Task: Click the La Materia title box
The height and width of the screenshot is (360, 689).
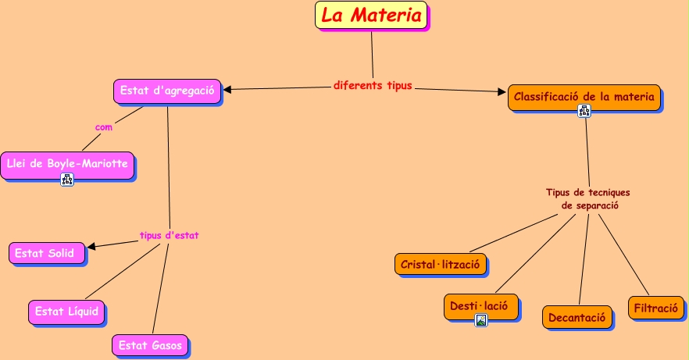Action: tap(371, 16)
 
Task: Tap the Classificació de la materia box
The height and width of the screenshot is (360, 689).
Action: tap(584, 97)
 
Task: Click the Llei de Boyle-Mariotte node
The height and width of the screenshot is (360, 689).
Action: tap(66, 164)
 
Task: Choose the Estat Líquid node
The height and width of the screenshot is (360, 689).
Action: tap(67, 312)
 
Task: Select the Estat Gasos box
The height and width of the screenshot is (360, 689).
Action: tap(151, 344)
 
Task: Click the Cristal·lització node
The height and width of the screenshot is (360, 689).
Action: tap(441, 265)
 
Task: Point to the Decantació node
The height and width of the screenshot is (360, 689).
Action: tap(577, 317)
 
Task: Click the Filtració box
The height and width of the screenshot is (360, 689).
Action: tap(655, 308)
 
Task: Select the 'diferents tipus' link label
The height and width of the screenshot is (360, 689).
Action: tap(373, 85)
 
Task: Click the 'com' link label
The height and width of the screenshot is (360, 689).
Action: tap(104, 127)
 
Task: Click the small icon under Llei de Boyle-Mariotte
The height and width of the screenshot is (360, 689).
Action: tap(67, 180)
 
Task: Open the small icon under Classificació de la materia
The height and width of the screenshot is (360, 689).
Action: tap(584, 111)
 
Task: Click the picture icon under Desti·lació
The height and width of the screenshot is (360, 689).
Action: tap(481, 319)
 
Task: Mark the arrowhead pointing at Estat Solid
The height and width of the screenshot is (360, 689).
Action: tap(91, 247)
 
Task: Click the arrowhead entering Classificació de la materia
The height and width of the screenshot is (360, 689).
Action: tap(502, 92)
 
